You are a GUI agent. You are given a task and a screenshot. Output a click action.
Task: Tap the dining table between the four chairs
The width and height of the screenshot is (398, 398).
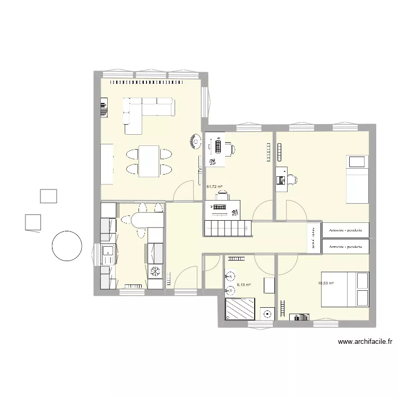(149, 161)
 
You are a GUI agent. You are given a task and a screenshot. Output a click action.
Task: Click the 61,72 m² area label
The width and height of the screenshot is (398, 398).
(214, 186)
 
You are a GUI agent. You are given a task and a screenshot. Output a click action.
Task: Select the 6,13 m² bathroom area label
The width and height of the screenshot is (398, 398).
(244, 284)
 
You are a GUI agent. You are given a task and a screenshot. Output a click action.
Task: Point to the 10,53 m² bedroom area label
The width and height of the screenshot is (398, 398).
(325, 283)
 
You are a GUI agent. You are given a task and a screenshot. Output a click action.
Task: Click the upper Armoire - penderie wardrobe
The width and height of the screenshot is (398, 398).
(345, 230)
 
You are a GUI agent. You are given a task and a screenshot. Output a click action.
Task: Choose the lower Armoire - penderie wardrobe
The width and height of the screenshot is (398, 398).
(345, 247)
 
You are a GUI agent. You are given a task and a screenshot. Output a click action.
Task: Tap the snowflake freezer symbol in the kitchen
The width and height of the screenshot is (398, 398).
(155, 272)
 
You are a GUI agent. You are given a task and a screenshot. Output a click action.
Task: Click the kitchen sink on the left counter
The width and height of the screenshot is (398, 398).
(108, 254)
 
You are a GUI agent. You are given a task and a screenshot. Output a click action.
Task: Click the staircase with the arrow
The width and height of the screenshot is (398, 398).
(227, 229)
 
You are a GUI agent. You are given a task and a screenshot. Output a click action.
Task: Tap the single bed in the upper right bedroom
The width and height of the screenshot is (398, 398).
(357, 178)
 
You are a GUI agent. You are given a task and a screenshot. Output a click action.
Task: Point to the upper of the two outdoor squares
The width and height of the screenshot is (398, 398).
(48, 195)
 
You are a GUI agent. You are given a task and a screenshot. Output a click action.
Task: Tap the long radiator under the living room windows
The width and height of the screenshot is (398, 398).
(149, 82)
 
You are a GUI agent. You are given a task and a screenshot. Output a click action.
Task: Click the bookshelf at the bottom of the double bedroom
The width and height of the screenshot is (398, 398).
(299, 317)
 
